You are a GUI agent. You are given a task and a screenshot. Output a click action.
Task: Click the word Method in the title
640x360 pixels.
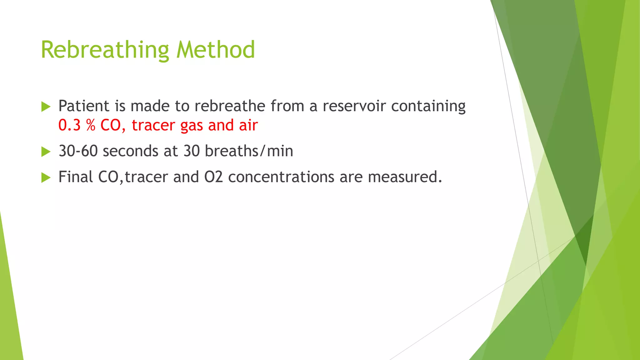tap(216, 50)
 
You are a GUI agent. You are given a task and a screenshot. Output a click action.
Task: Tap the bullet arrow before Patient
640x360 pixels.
tap(46, 107)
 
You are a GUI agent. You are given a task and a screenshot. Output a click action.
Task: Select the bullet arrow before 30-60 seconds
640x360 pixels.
tap(46, 152)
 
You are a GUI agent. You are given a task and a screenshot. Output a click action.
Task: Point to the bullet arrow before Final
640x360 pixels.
tap(46, 178)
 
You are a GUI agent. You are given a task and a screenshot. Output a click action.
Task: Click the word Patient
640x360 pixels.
tap(84, 106)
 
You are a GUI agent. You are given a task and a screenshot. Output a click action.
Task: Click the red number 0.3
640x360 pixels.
tap(69, 125)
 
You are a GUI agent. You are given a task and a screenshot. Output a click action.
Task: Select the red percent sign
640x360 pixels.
tap(91, 125)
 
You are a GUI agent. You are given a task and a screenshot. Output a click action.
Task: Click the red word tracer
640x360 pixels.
tap(153, 125)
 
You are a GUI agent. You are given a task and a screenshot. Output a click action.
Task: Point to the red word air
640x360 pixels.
tap(248, 125)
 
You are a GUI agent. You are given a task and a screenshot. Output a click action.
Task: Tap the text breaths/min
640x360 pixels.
tap(249, 151)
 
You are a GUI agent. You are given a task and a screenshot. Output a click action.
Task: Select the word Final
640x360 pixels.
tap(76, 177)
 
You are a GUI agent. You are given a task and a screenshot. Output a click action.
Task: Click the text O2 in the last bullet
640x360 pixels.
tap(213, 177)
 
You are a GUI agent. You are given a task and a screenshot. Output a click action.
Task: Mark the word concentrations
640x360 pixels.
tap(281, 177)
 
